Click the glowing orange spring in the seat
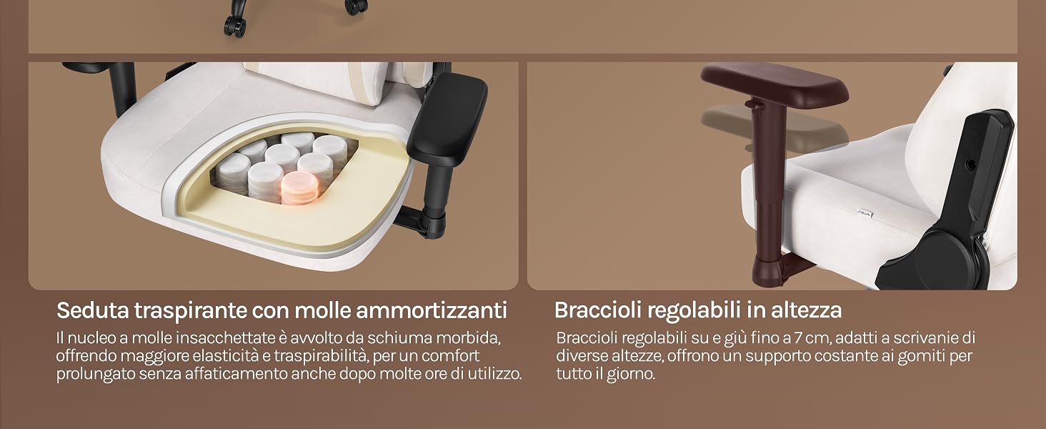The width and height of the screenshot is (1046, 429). [x=300, y=188]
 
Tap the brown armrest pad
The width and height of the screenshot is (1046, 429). [x=774, y=82]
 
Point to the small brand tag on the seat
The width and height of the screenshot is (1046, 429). [x=865, y=214]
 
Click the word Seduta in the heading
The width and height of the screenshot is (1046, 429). [x=92, y=310]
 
